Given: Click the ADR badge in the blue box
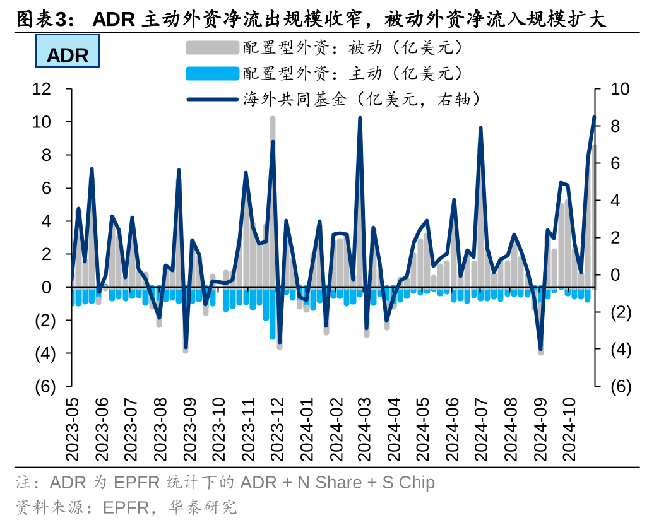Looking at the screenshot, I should click(68, 55).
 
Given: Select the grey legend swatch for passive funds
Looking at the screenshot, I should click(213, 47).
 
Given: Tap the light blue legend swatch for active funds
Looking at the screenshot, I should click(213, 73).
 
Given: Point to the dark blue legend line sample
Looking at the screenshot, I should click(213, 99).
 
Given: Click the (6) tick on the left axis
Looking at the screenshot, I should click(45, 387).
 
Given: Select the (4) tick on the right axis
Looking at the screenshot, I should click(621, 350).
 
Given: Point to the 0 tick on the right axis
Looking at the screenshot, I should click(616, 275).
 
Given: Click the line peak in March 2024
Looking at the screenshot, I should click(360, 118).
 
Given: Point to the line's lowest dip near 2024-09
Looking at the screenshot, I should click(540, 349).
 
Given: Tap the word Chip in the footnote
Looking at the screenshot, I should click(417, 483).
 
